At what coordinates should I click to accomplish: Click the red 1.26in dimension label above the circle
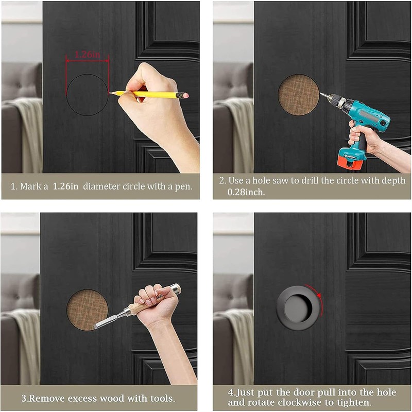(87, 54)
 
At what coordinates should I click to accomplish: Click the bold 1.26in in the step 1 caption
(66, 186)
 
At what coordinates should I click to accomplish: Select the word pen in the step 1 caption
(183, 186)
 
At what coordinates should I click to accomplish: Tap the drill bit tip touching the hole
(320, 94)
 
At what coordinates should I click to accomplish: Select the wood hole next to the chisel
(87, 310)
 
